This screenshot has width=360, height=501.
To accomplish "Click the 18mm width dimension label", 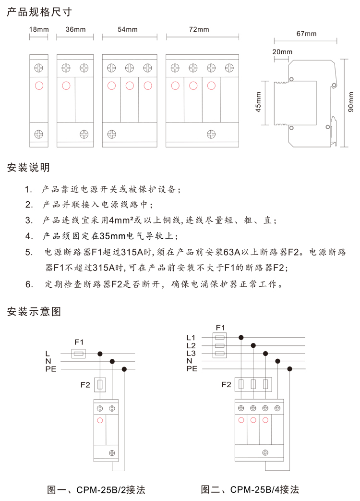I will pos(39,29).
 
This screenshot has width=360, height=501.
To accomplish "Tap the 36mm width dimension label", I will pos(75,29).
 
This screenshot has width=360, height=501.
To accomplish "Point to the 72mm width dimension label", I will pos(199,29).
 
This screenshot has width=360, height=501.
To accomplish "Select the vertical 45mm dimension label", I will pos(258,103).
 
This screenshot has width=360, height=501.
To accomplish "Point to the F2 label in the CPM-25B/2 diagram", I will pos(85,384).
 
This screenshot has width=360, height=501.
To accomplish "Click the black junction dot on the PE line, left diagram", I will pos(124,369).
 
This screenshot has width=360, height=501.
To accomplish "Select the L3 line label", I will pos(191,353).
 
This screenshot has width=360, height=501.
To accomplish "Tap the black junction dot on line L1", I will pos(241,338).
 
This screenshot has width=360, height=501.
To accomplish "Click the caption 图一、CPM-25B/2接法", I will pos(96,490).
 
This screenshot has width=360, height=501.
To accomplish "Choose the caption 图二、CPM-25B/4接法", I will pos(250,490).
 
